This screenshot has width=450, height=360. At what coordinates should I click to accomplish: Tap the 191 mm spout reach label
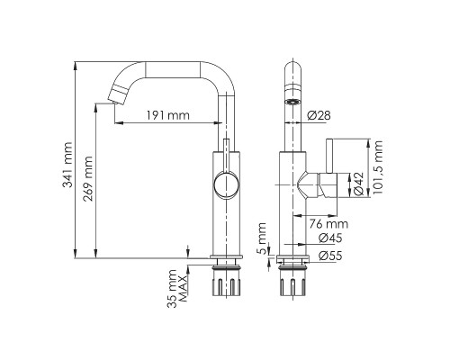[x=167, y=115]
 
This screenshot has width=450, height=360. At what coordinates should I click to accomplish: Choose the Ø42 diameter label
[x=357, y=184]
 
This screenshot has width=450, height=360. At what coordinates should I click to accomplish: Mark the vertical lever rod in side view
[x=330, y=166]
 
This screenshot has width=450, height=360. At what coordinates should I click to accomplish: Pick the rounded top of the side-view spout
[x=292, y=68]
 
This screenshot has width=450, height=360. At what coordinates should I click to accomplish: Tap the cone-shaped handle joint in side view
[x=314, y=185]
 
